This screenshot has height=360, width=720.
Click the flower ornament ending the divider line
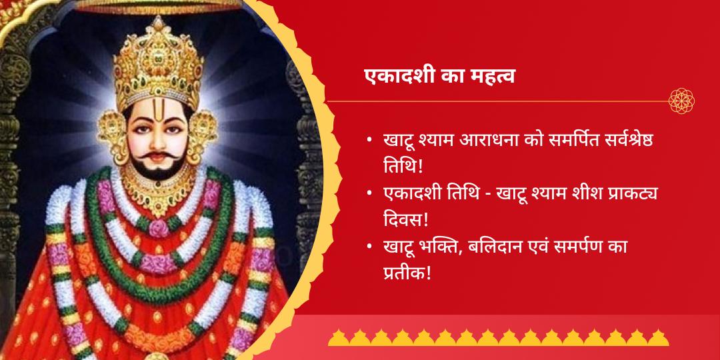point(682,101)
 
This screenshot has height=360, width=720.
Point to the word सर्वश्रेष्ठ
point(639,141)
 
